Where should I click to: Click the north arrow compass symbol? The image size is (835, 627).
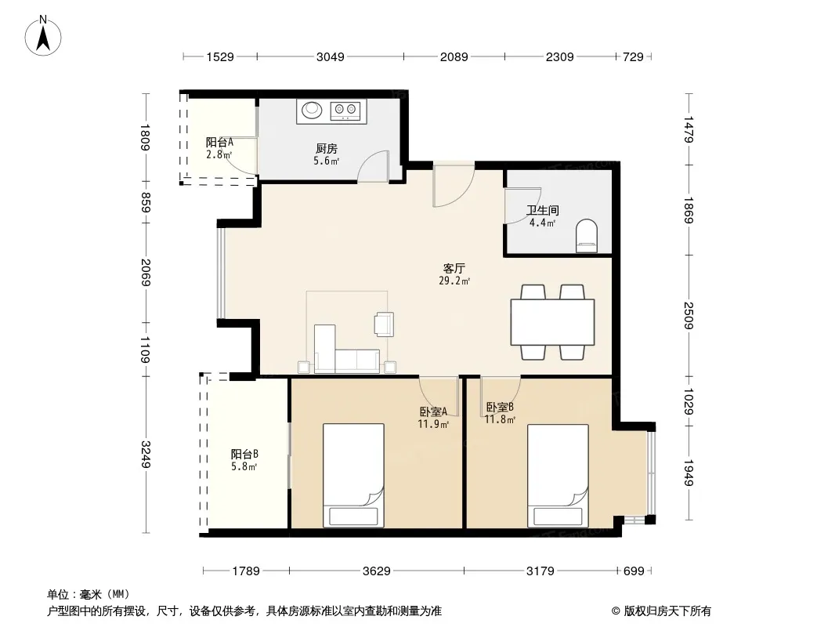point(43,36)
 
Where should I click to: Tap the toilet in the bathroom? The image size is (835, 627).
point(587,235)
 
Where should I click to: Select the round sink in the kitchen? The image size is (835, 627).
point(312,111)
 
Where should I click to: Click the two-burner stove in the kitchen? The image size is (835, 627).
point(345,111)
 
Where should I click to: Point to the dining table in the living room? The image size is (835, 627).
point(552,322)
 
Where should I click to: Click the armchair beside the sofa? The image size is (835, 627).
point(384,324)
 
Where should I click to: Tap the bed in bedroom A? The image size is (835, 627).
point(353,476)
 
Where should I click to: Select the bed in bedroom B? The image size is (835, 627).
point(558,476)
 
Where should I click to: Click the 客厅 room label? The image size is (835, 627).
point(454,269)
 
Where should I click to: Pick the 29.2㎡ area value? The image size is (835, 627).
point(454,281)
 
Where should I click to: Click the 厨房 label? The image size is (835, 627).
point(326,149)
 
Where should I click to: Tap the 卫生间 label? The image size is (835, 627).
point(542,210)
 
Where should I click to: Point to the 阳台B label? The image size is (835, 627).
point(244,454)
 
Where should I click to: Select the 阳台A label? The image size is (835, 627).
point(219,142)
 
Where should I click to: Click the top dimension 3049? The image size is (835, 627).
point(331,56)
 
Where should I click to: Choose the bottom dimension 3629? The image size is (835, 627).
point(377,571)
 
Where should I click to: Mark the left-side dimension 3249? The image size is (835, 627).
point(146,455)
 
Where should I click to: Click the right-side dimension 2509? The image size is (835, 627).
point(689,315)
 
